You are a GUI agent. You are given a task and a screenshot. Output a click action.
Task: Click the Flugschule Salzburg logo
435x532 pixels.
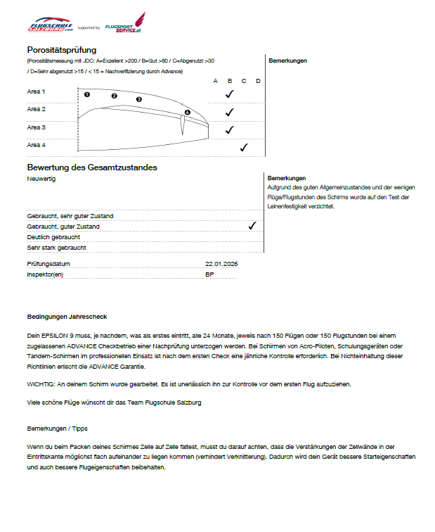click(50, 26)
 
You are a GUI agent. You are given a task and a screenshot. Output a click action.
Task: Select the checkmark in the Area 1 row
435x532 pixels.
click(229, 94)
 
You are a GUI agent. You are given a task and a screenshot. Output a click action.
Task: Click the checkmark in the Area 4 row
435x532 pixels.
click(244, 147)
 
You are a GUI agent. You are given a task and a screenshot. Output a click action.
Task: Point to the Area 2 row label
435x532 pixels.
click(37, 109)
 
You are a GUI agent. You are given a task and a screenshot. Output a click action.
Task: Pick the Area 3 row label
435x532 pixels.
click(37, 127)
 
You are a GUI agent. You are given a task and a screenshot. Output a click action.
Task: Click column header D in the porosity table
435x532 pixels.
click(258, 81)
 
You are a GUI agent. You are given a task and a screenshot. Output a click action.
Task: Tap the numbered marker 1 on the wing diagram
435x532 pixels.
click(87, 94)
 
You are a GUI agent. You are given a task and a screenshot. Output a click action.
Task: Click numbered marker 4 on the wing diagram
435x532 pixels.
click(187, 113)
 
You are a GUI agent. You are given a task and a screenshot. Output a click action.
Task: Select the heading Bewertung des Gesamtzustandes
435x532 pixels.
click(91, 167)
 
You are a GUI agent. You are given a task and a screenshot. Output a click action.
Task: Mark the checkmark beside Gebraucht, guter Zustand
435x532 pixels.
click(252, 226)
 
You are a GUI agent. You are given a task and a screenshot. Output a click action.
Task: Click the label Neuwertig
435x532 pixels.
click(41, 179)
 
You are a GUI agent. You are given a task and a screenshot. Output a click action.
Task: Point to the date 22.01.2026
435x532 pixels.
click(222, 264)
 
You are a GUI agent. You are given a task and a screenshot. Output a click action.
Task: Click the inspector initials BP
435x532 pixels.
click(209, 274)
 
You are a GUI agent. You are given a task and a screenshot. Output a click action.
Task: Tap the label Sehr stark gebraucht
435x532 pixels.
click(56, 248)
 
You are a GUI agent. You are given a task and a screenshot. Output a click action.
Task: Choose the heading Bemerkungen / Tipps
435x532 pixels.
click(57, 428)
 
